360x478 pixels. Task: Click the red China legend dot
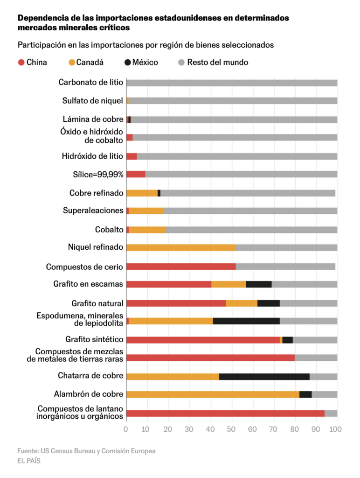click(x=21, y=62)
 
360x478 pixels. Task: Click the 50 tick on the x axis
click(x=232, y=429)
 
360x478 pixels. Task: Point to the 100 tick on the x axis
click(x=336, y=429)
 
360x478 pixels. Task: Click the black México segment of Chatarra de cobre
click(x=264, y=376)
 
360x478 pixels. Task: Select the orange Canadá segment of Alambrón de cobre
click(x=213, y=394)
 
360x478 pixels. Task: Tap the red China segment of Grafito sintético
click(x=203, y=340)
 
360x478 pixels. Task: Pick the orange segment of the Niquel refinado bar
click(x=181, y=247)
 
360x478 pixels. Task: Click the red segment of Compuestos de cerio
click(x=181, y=267)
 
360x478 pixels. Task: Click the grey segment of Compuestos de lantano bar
click(x=331, y=413)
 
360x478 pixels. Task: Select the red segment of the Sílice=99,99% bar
click(x=136, y=174)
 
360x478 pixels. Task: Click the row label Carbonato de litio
click(x=90, y=83)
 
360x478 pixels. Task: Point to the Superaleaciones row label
click(x=93, y=211)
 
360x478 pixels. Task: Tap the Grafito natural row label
click(x=97, y=303)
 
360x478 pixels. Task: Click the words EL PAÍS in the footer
click(x=29, y=461)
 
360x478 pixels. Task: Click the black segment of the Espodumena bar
click(x=246, y=321)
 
